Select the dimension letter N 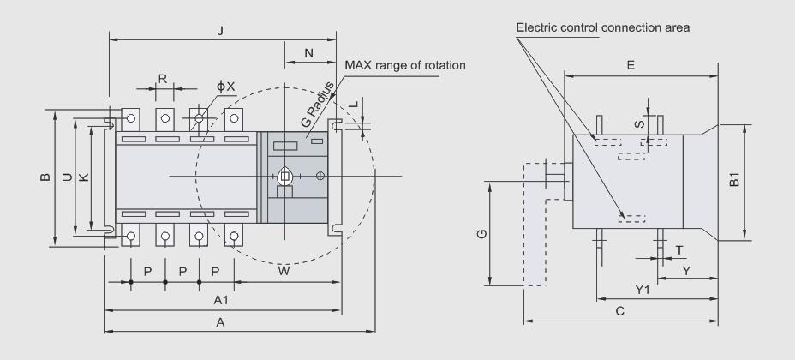(308, 52)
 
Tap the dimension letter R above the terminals (163, 78)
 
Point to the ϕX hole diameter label (224, 87)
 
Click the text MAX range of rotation (404, 65)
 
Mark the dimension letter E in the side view (631, 64)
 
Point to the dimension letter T (678, 250)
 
